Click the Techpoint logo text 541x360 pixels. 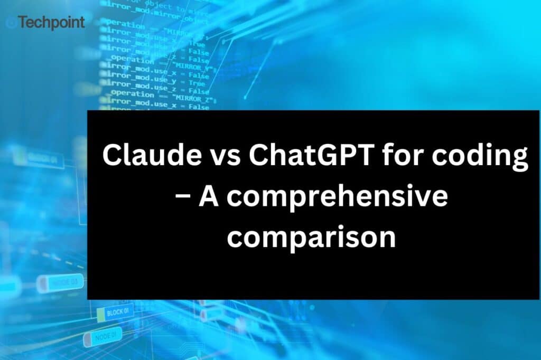click(x=51, y=23)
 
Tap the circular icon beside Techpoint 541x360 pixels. click(x=10, y=23)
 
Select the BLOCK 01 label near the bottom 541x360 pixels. click(x=117, y=312)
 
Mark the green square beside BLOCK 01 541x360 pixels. click(x=100, y=315)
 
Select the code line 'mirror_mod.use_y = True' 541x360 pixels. click(x=155, y=83)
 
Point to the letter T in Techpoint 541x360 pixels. click(x=22, y=23)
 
